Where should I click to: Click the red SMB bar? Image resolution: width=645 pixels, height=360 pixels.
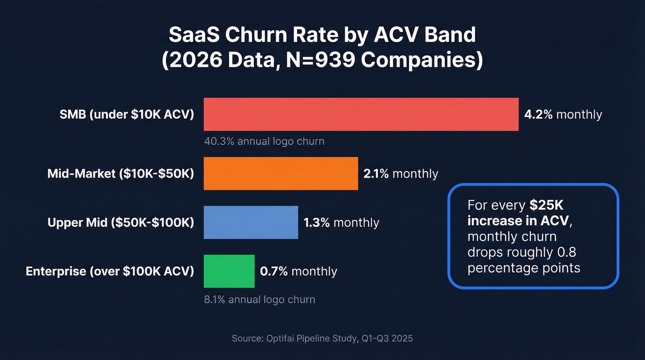tap(361, 114)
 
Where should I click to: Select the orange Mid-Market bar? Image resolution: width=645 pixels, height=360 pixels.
tap(281, 173)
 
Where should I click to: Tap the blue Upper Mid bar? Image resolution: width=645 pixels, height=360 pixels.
tap(251, 222)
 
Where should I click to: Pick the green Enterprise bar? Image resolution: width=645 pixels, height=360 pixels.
tap(229, 271)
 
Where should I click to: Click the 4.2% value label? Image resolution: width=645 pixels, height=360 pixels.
tap(538, 114)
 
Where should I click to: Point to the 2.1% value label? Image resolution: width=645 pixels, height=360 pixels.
tap(376, 174)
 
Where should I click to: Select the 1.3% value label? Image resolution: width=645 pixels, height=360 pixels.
tap(317, 223)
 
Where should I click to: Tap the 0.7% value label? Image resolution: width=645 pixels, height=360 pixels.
tap(274, 271)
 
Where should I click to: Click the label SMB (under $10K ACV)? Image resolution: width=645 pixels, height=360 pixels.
tap(127, 114)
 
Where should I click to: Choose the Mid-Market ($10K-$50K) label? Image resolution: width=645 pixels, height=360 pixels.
tap(121, 174)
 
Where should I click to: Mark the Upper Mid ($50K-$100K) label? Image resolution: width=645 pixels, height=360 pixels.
tap(121, 223)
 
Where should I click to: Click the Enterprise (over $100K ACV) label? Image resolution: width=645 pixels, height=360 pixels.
tap(110, 271)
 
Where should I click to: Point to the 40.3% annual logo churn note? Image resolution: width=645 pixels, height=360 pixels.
tap(264, 141)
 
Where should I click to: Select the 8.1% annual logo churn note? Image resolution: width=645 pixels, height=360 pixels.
tap(259, 300)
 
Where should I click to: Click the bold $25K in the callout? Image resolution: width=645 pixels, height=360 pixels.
tap(546, 205)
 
